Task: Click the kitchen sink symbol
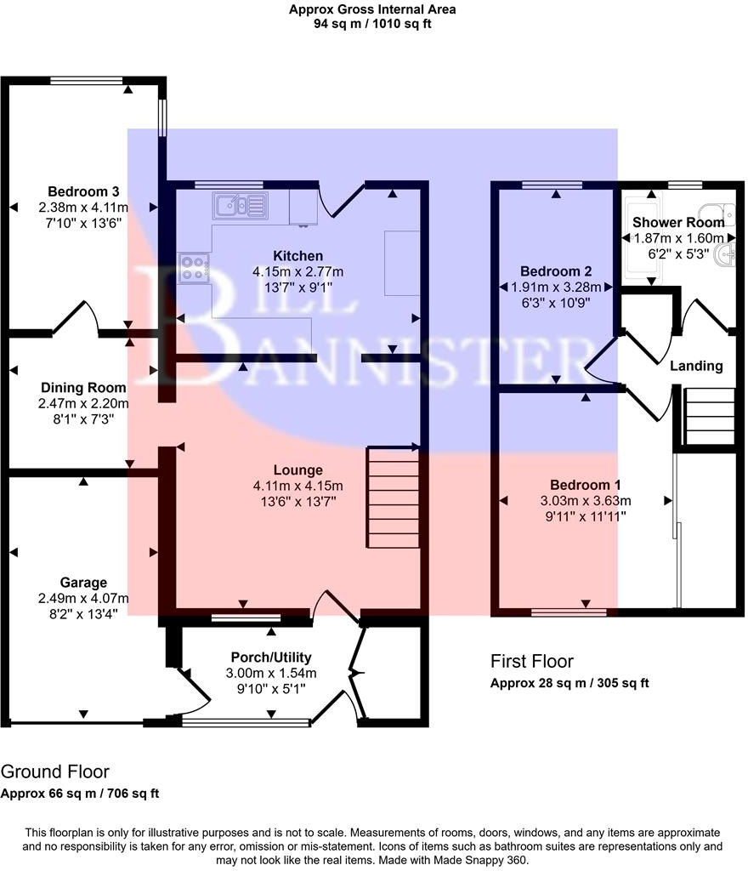(240, 204)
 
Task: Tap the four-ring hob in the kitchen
(193, 267)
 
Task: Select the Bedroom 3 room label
(83, 191)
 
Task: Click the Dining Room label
(83, 388)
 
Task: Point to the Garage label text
(83, 583)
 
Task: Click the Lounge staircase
(392, 498)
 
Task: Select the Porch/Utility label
(271, 657)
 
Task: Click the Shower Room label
(678, 222)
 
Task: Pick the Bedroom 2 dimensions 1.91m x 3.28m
(556, 287)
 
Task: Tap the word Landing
(696, 366)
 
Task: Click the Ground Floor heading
(55, 772)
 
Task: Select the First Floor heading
(532, 661)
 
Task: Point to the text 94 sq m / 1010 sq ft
(372, 24)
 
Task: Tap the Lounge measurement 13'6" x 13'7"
(297, 501)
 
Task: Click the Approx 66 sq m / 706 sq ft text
(80, 794)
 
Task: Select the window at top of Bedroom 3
(88, 81)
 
